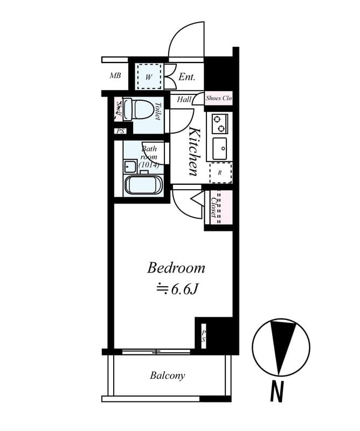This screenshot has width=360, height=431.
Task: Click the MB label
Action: point(115,76)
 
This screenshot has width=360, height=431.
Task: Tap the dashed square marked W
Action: point(149,77)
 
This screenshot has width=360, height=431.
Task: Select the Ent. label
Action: point(186,77)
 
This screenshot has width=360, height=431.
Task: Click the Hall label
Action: point(184,99)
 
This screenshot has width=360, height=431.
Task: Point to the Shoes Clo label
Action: point(219,99)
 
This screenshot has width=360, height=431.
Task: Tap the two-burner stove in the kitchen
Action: point(219,124)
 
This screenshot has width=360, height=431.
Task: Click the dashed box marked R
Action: point(220,172)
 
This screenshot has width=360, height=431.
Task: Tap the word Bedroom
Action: point(176,268)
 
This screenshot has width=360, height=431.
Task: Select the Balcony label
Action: point(167,376)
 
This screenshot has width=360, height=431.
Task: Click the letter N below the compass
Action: point(276,392)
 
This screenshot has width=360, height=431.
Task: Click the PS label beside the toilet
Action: point(120,131)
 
